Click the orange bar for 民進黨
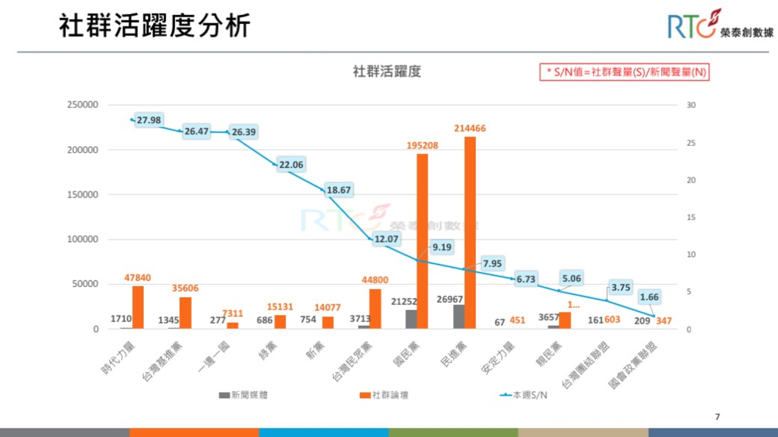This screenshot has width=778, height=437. [x=470, y=233]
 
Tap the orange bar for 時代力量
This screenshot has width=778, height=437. [x=138, y=308]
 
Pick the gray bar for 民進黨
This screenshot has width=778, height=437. [x=458, y=317]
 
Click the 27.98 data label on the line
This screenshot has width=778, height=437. [x=148, y=120]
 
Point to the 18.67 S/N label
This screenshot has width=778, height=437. [x=338, y=190]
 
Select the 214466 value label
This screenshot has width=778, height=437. [x=470, y=128]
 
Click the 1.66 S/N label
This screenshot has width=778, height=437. [x=649, y=297]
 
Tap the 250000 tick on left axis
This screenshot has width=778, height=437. [x=83, y=105]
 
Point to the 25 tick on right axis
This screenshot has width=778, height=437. [x=691, y=143]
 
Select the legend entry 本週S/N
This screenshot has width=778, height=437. [x=524, y=395]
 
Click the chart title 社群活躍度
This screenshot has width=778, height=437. [x=387, y=71]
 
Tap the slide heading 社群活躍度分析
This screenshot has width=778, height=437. [x=154, y=26]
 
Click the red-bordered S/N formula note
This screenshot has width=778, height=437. [x=624, y=72]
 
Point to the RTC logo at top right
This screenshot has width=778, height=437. [x=720, y=25]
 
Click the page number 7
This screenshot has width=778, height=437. [x=717, y=417]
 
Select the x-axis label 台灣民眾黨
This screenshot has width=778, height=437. [x=353, y=361]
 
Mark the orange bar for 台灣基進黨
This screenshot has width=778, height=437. [x=185, y=313]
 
